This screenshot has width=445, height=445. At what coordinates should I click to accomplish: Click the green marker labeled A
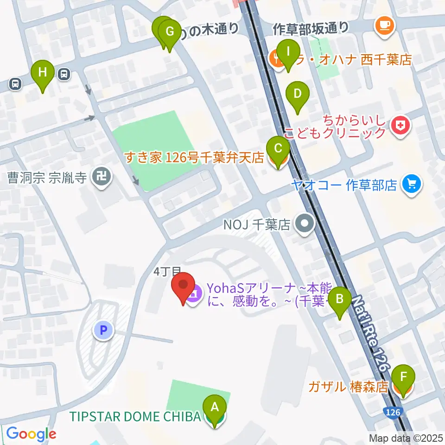coord(215,408)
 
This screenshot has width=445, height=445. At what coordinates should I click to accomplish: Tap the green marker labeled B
coord(340,299)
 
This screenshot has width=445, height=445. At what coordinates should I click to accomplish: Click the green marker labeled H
coord(43,73)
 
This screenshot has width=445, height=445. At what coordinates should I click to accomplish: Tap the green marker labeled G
coord(170,32)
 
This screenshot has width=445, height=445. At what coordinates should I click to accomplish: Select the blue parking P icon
coord(103,331)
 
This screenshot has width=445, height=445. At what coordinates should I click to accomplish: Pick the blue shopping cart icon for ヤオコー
coord(411,184)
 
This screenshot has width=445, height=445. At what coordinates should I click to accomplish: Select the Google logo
coord(31,434)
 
